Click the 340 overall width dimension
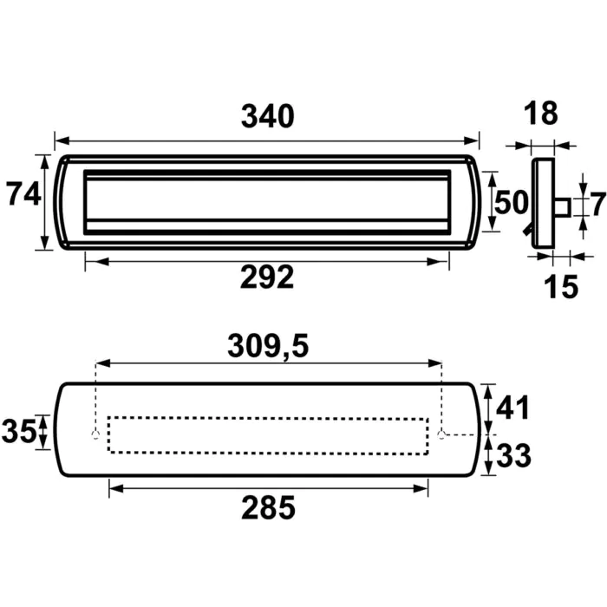tap(267, 116)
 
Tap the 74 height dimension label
tap(23, 194)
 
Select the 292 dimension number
tap(267, 277)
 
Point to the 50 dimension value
tap(512, 202)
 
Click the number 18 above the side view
tap(541, 113)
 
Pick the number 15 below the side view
tap(561, 286)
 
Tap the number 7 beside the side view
tap(598, 204)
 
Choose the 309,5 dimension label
tap(268, 346)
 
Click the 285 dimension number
tap(268, 507)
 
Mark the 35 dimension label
tap(19, 431)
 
